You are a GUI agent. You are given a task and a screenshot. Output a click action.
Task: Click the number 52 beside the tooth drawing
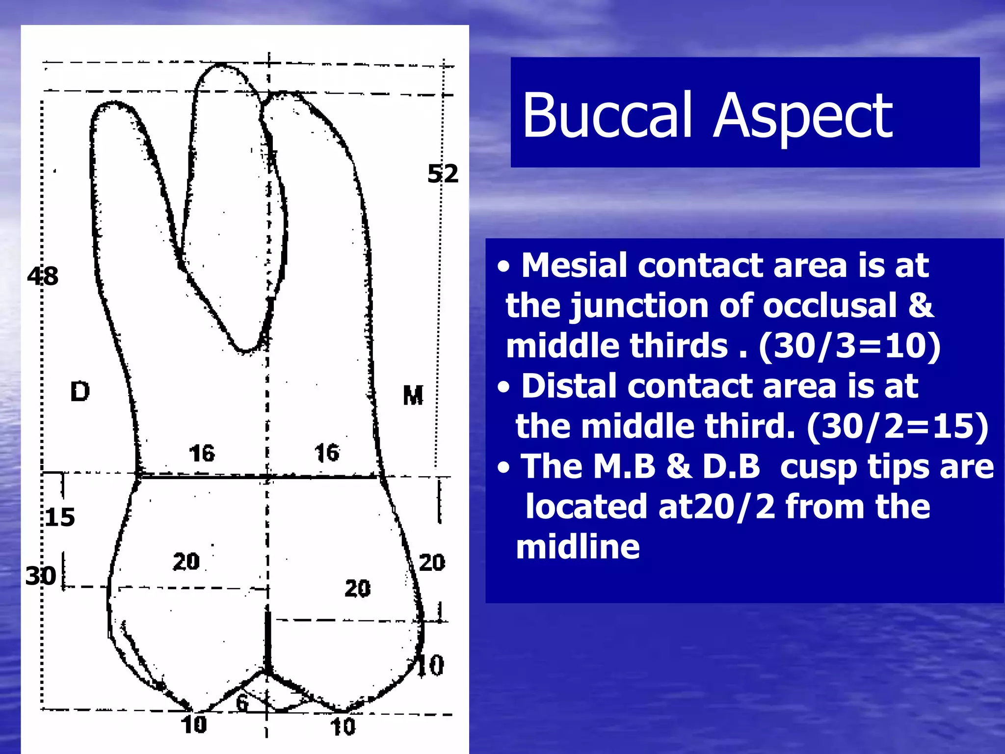click(x=443, y=174)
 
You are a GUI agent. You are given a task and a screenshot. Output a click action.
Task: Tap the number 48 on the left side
click(x=43, y=276)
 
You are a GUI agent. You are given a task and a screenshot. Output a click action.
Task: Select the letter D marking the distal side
click(x=80, y=392)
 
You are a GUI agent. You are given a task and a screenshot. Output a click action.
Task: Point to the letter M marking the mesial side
click(x=413, y=395)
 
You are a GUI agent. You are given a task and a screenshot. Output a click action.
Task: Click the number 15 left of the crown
click(x=60, y=517)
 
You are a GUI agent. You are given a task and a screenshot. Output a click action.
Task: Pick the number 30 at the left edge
click(x=41, y=576)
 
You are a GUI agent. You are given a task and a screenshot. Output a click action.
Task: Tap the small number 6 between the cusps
click(x=242, y=702)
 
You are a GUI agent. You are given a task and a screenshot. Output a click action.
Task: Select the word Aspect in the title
click(x=803, y=117)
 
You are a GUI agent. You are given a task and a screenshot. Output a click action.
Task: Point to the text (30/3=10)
click(x=849, y=346)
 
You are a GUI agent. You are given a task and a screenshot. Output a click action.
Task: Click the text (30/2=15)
click(x=898, y=426)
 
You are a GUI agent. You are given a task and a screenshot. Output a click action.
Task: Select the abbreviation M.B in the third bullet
click(x=624, y=466)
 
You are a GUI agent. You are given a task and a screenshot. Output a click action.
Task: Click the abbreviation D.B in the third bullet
click(x=731, y=466)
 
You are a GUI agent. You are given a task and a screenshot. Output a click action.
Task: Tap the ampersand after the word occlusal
click(x=921, y=305)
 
